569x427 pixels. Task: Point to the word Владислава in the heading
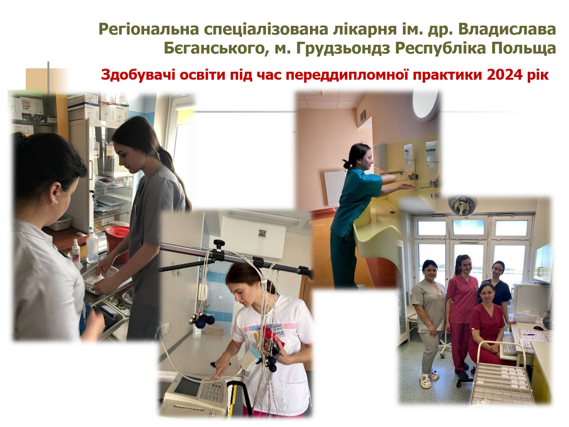click(x=507, y=29)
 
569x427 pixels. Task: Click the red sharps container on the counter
click(x=117, y=244)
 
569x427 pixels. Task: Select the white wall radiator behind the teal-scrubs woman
click(x=335, y=188)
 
